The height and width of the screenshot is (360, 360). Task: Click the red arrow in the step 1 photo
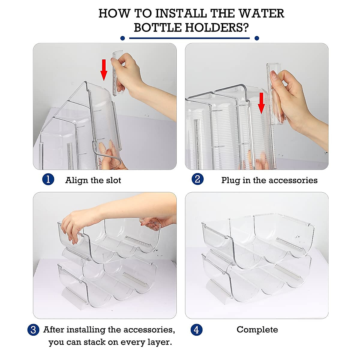[104, 70]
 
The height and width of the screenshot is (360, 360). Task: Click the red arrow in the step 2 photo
[261, 103]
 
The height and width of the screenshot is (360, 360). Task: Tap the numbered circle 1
[48, 179]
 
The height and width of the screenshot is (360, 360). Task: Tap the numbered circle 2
[197, 179]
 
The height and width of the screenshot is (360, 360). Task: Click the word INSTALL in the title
[181, 13]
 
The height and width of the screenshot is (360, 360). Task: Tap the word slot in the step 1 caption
[113, 180]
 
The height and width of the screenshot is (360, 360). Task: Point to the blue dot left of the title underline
[123, 38]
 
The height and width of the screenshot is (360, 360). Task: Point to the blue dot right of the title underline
[257, 38]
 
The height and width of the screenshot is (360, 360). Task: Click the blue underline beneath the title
[189, 38]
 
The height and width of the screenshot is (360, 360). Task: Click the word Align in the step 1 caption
[76, 181]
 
